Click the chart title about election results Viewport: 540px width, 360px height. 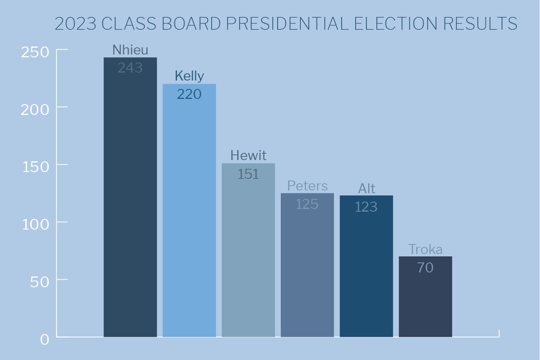click(286, 24)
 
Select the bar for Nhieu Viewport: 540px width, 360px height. click(130, 203)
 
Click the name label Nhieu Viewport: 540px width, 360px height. click(130, 50)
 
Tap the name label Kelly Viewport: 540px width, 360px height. click(189, 76)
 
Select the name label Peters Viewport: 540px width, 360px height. click(307, 185)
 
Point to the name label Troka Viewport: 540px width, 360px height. click(425, 249)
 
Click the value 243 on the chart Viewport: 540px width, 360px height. click(130, 68)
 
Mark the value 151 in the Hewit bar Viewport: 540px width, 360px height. click(248, 174)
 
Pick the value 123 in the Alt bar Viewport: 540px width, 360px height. click(366, 207)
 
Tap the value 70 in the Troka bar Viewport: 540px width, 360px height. click(425, 267)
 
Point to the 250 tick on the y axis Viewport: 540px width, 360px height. click(35, 52)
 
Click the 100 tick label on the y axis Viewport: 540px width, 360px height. click(35, 224)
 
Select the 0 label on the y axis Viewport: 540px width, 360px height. click(44, 339)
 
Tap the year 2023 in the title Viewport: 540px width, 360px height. click(76, 24)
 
